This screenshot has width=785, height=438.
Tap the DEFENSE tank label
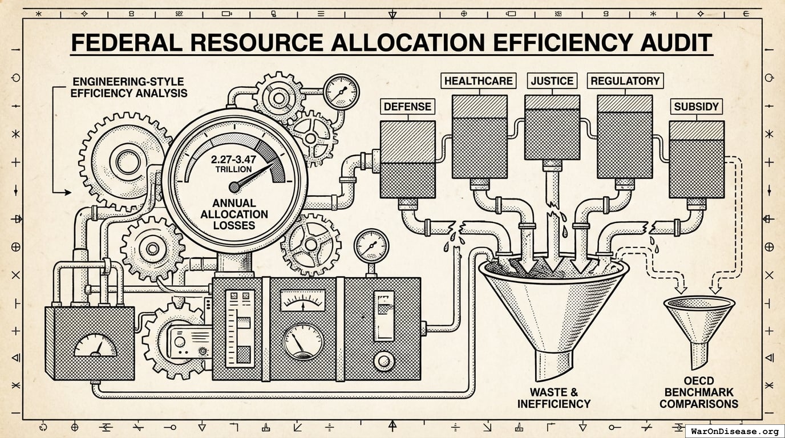(407, 107)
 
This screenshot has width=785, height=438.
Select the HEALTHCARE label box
(478, 80)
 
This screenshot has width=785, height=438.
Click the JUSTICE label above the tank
(551, 80)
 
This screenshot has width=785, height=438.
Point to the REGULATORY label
(625, 80)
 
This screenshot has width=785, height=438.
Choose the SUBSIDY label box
(697, 107)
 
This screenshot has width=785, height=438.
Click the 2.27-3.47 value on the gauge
(234, 160)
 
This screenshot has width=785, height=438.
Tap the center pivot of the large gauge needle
(234, 187)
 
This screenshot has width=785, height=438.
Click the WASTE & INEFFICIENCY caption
(553, 398)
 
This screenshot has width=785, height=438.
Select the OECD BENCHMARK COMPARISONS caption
(699, 392)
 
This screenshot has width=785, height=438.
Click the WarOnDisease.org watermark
(734, 431)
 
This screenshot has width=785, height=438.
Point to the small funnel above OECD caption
(699, 322)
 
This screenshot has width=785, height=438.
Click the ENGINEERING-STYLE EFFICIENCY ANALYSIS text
(129, 87)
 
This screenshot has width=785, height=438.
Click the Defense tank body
(407, 160)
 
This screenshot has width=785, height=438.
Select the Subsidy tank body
(697, 160)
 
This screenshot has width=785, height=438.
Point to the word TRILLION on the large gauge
(234, 169)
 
